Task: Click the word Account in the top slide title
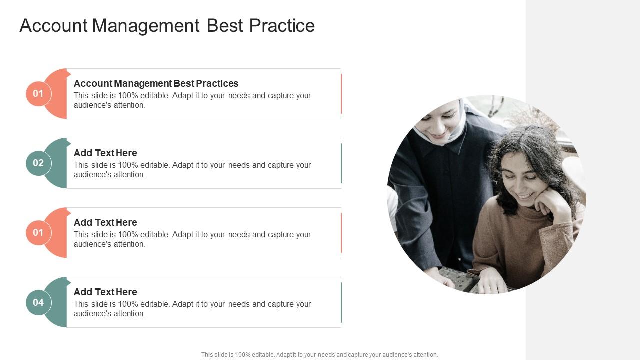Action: point(53,26)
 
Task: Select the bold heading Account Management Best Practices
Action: point(156,83)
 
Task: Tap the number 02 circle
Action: point(38,163)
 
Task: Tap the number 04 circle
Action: point(38,302)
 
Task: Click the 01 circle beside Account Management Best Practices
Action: point(38,94)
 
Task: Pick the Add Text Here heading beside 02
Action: point(105,153)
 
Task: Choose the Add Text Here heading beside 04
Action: point(105,292)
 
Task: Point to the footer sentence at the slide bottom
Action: point(319,355)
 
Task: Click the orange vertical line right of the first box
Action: point(341,94)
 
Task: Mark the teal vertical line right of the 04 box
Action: point(341,302)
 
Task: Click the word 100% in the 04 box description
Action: point(127,304)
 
